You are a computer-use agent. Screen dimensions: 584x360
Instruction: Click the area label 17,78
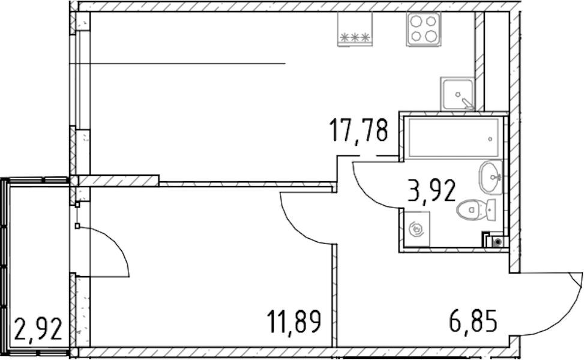[x=358, y=130]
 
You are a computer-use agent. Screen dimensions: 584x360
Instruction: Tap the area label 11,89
[x=294, y=322]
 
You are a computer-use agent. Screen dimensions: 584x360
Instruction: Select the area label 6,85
[x=473, y=321]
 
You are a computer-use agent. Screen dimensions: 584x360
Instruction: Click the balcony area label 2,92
[x=38, y=329]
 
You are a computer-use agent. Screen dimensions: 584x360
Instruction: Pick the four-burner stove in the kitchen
[x=424, y=29]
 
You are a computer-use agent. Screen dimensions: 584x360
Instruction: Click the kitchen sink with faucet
[x=457, y=94]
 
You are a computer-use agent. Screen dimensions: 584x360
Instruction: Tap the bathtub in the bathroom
[x=454, y=137]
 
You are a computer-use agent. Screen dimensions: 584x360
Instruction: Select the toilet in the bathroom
[x=475, y=209]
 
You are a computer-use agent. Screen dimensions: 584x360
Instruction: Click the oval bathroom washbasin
[x=490, y=177]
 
